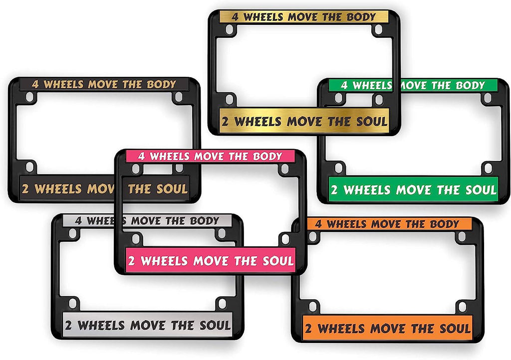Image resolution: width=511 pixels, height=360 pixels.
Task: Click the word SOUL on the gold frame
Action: [371, 121]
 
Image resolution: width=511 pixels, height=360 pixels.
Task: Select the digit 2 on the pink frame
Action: [131, 261]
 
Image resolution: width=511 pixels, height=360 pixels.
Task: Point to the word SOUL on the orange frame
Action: [455, 329]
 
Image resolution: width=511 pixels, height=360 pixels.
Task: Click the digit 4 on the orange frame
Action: [318, 224]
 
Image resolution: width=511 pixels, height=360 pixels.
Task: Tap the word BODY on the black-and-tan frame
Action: [161, 84]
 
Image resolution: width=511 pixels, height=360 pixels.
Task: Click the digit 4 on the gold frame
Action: [235, 17]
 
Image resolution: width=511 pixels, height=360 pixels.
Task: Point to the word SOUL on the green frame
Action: [481, 190]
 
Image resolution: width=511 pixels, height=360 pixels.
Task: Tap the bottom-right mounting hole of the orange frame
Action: [462, 306]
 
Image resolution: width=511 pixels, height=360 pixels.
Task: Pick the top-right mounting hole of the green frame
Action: [488, 98]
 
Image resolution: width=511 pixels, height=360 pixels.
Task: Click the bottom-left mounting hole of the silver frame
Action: [73, 303]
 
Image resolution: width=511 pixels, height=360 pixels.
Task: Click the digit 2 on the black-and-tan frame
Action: [25, 189]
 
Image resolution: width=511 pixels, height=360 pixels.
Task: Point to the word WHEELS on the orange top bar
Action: [347, 224]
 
